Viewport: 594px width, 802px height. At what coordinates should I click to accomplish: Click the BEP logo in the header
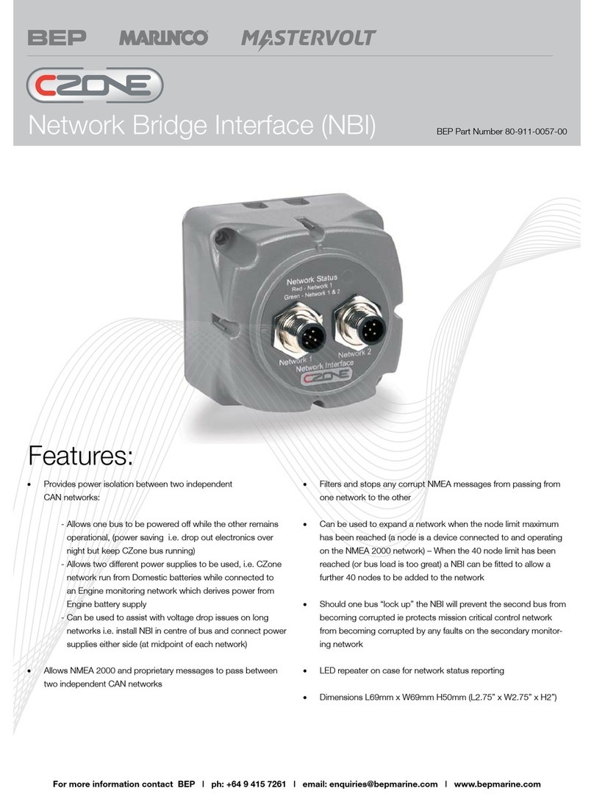tap(56, 37)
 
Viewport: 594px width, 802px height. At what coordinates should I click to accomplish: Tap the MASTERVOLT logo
tap(309, 37)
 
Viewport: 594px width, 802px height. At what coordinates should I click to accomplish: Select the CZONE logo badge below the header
tap(96, 85)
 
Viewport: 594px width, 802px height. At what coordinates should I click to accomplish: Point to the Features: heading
tap(80, 456)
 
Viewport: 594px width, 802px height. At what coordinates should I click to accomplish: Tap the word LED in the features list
tap(329, 670)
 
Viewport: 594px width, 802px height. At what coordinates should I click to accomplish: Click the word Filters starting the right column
tap(334, 484)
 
